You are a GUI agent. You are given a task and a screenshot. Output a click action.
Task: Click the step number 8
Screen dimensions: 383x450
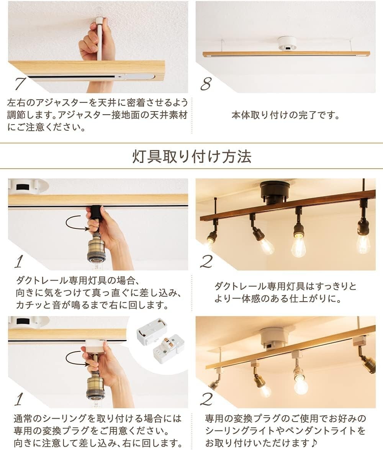tap(206, 84)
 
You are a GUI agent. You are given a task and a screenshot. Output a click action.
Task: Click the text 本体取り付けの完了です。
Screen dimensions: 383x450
tap(285, 115)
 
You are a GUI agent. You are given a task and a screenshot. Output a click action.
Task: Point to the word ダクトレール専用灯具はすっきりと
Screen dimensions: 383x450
tap(285, 286)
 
